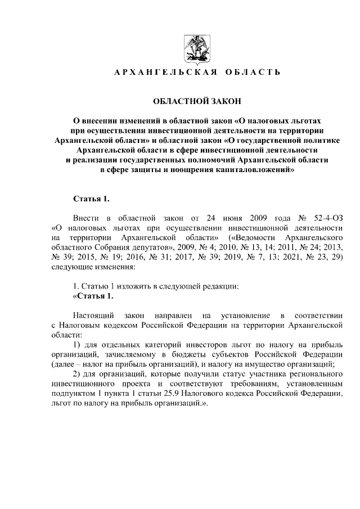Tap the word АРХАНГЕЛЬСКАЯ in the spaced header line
159,73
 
